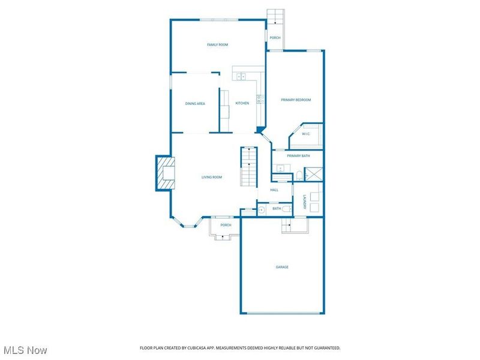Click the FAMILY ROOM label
217,45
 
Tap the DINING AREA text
195,104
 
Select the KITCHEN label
242,103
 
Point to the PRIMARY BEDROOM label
296,100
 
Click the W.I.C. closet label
305,134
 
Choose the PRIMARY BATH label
298,156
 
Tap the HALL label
274,190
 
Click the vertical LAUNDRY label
305,202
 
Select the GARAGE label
281,267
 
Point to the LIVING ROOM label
211,177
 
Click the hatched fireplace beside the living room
165,173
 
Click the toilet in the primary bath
298,176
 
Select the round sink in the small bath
262,209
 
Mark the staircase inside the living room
248,166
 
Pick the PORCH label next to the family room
275,38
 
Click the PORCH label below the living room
226,225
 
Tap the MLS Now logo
25,350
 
